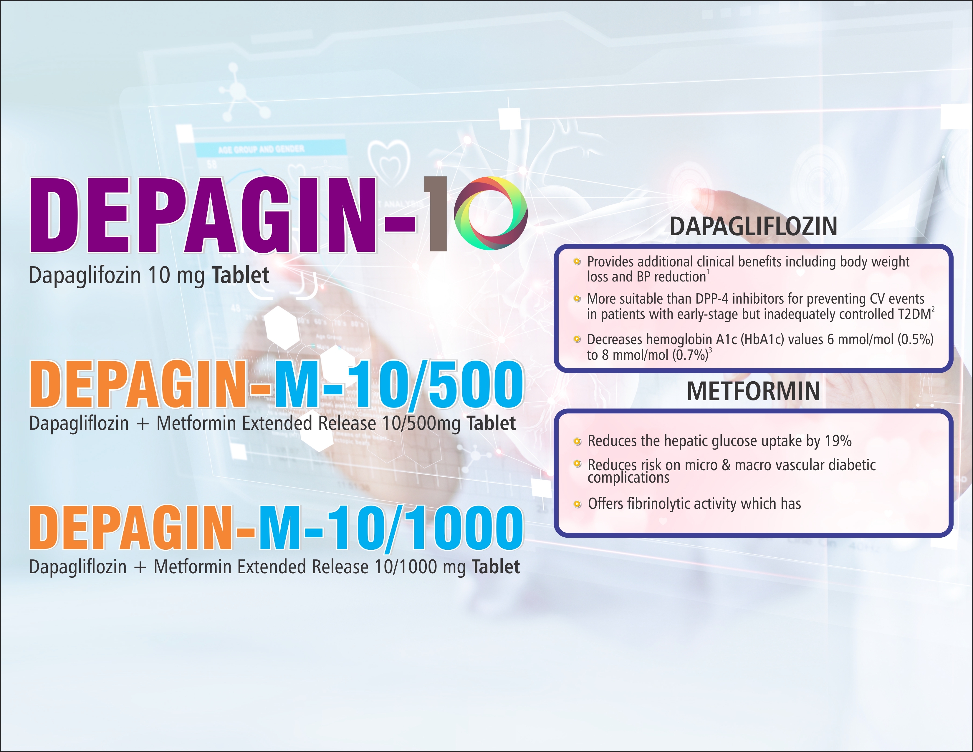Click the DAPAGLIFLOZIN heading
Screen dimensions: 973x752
pos(753,226)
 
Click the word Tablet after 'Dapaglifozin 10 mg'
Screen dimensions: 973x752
pos(240,275)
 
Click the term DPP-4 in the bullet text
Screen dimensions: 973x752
pos(712,299)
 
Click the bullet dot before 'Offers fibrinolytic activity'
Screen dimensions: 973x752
pos(577,504)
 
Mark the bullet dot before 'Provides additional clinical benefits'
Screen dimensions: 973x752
pos(577,261)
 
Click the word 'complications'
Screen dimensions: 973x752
pos(629,478)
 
